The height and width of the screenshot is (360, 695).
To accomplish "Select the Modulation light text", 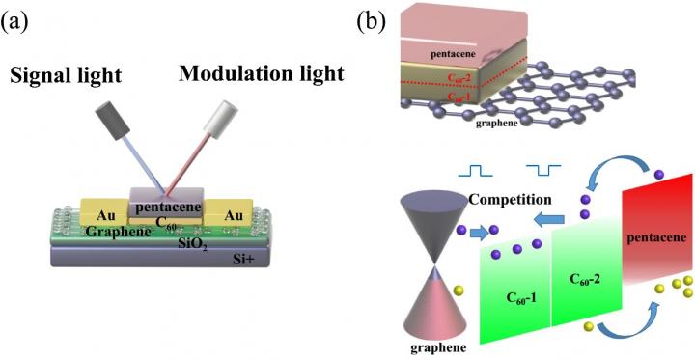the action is pyautogui.click(x=261, y=73).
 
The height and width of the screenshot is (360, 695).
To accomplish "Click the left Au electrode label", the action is pyautogui.click(x=106, y=216).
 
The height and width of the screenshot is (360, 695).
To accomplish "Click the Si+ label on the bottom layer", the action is pyautogui.click(x=243, y=259).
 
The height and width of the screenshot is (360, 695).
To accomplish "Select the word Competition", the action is pyautogui.click(x=511, y=199).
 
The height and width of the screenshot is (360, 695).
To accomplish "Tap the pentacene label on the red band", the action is pyautogui.click(x=657, y=239).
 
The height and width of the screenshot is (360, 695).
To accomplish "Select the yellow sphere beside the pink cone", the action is pyautogui.click(x=460, y=291).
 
